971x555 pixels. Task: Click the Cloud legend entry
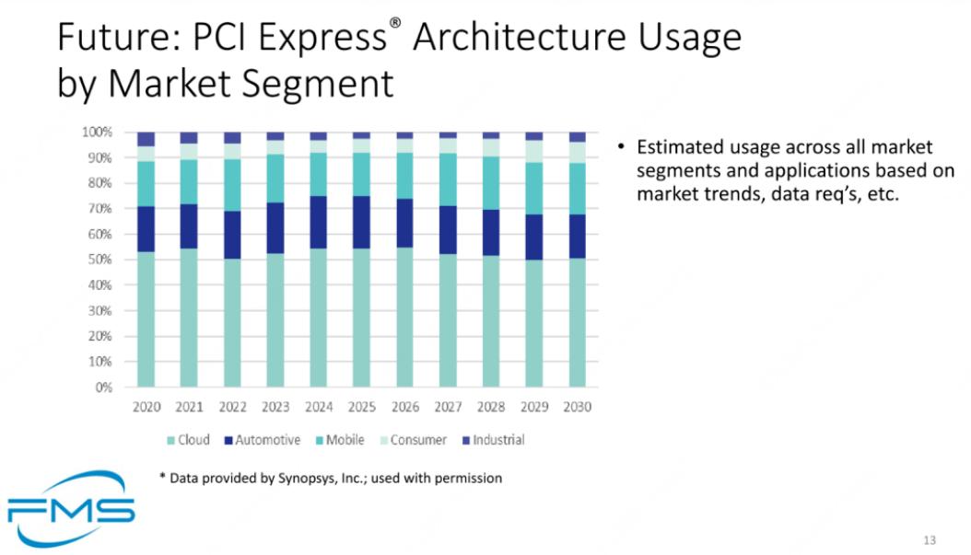188,440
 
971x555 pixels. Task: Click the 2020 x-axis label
146,407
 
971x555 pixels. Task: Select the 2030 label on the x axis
577,407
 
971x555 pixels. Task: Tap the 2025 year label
361,407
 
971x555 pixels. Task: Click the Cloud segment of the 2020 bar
146,318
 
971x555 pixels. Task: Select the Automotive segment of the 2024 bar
318,222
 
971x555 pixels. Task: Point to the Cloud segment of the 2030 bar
577,322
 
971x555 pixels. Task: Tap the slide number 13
930,539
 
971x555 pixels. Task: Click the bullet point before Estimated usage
622,148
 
